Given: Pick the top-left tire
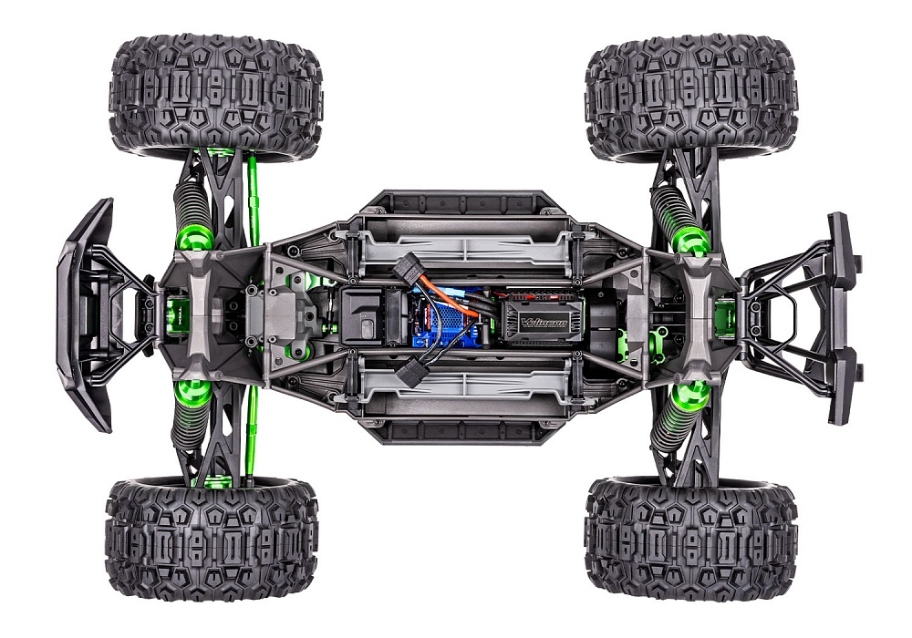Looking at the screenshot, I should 215,95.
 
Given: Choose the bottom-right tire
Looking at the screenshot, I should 690,538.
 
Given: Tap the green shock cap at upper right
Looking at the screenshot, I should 690,240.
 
